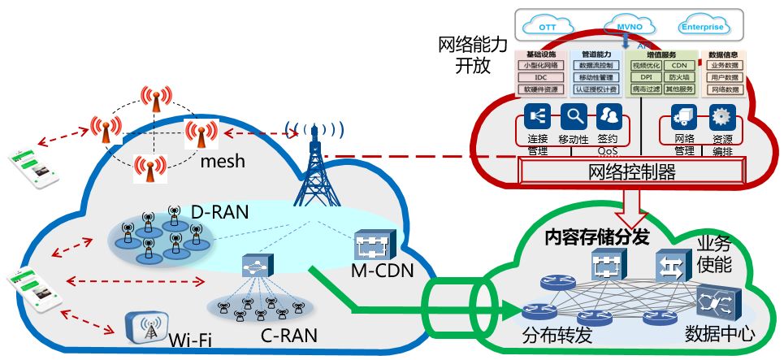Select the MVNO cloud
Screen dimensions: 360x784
pos(624,26)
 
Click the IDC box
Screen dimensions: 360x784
pos(539,77)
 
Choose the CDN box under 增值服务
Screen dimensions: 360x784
pos(678,65)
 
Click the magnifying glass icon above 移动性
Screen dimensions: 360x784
pos(575,116)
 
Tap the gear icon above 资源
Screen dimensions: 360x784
pos(721,116)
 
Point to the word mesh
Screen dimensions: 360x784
pos(223,162)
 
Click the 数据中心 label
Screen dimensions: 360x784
pos(720,333)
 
